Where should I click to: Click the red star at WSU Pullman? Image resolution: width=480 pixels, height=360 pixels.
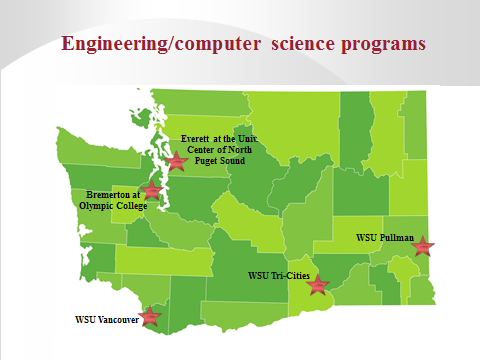point(424,245)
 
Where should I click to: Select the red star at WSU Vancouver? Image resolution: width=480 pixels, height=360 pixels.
point(150,317)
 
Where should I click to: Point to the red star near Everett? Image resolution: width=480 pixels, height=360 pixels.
point(177,159)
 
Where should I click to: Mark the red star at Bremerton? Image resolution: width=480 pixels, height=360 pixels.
point(152,190)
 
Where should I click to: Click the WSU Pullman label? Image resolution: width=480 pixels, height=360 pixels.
point(385,239)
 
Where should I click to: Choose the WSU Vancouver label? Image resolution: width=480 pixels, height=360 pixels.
point(106,320)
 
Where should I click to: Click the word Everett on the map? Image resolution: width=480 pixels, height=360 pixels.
point(197,139)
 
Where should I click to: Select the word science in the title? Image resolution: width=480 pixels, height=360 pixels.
point(308,44)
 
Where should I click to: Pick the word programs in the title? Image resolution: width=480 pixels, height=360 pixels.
point(384,44)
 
